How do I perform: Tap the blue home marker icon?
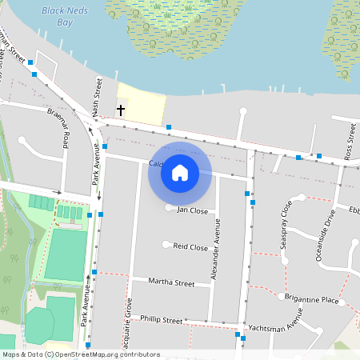tap(180, 172)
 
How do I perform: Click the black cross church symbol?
tap(122, 110)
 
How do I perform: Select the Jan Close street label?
tap(192, 210)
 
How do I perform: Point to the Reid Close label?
tap(190, 247)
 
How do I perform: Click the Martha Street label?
tap(173, 283)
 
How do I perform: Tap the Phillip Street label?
tap(161, 319)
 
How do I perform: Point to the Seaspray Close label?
tap(287, 225)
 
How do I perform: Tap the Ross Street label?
tap(350, 142)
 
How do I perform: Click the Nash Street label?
tap(98, 97)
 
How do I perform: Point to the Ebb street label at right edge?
tap(354, 210)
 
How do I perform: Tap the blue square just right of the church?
tap(169, 126)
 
